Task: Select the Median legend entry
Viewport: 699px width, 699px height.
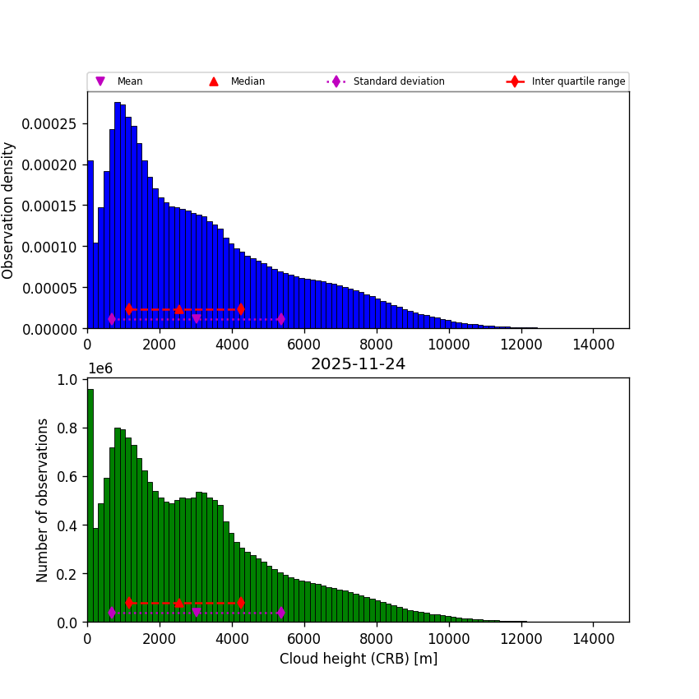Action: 247,81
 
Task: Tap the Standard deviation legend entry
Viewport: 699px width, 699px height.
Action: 398,81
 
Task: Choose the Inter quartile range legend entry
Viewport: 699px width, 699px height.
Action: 577,81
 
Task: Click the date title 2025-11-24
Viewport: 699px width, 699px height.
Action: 358,364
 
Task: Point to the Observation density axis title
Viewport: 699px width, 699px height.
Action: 9,210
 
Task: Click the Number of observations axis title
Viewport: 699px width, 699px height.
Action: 43,500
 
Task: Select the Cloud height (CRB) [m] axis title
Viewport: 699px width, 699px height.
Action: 358,659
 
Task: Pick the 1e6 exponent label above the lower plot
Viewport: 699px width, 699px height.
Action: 100,368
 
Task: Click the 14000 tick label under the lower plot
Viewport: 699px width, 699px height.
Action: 594,638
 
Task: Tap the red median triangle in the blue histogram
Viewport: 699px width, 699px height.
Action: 179,309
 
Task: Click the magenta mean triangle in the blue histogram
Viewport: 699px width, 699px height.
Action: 196,319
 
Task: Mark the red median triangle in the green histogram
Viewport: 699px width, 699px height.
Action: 179,603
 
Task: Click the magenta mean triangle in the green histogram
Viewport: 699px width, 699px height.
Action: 196,613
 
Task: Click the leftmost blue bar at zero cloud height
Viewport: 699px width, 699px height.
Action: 90,247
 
